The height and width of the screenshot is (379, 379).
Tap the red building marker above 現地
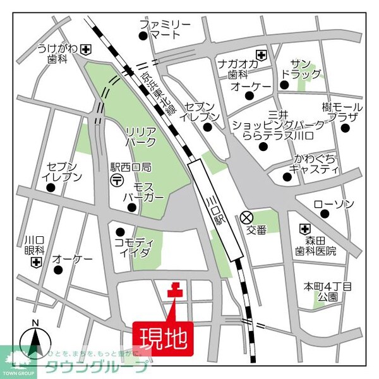(x=174, y=291)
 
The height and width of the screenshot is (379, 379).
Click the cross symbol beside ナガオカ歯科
(x=261, y=54)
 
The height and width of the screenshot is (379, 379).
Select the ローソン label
(x=334, y=205)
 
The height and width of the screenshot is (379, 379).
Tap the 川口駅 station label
(x=213, y=211)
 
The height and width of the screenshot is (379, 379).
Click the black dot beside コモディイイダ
(x=120, y=231)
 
